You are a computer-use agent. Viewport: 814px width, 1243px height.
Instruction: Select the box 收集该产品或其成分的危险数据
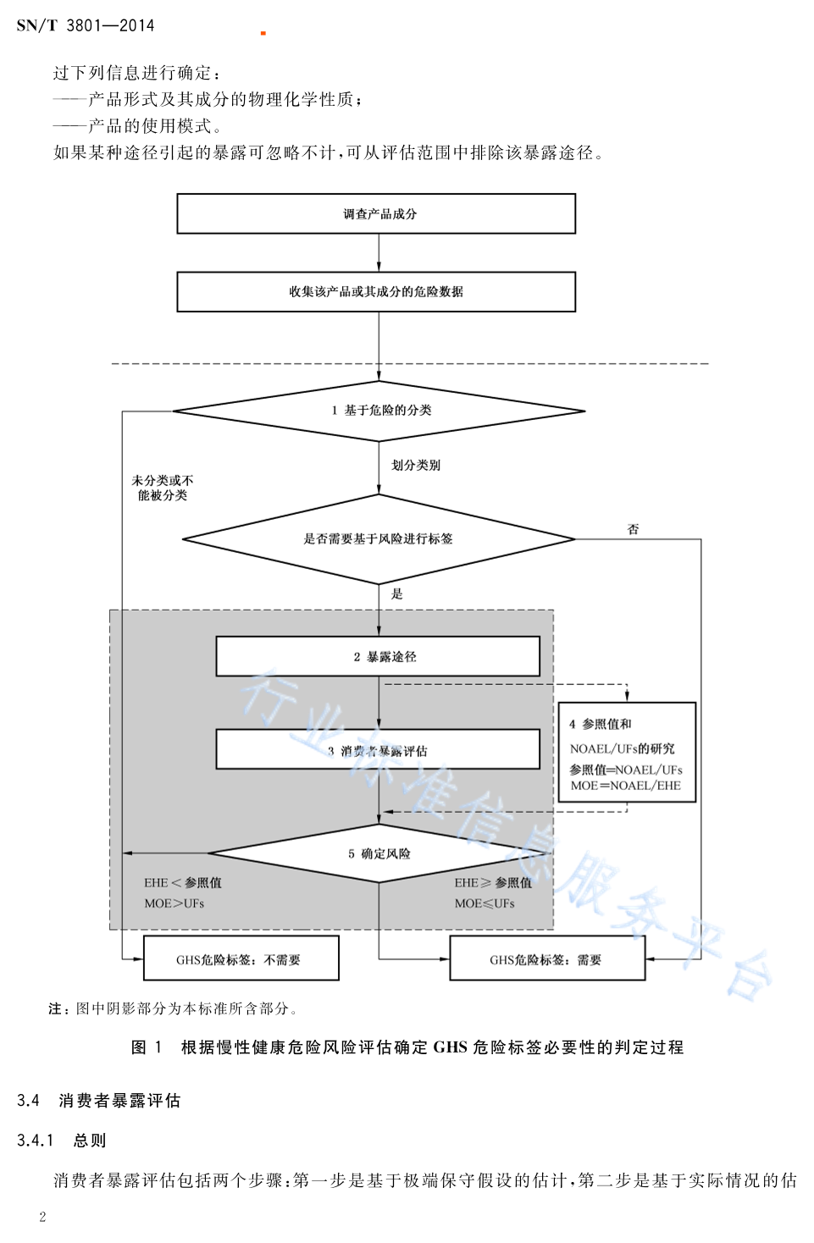(376, 291)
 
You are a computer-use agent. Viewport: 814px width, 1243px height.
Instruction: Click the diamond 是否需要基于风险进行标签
(379, 539)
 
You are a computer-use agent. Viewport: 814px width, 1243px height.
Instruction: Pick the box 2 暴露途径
(378, 656)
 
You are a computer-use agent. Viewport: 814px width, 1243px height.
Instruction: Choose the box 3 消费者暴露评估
(378, 750)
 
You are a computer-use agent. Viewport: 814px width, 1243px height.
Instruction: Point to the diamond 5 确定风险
(379, 854)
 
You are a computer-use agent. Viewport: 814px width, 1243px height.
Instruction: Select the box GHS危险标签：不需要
(241, 958)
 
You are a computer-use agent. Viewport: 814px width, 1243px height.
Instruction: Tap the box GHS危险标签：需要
(547, 958)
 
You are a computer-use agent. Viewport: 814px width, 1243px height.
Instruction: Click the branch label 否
(633, 529)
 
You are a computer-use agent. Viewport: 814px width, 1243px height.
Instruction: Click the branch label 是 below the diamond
(396, 594)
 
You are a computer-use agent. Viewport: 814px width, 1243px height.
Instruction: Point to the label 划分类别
(415, 465)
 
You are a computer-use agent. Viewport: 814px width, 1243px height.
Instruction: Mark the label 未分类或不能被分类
(163, 488)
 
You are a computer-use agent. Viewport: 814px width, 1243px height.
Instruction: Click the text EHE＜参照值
(183, 882)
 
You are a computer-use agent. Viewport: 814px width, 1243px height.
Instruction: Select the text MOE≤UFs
(485, 903)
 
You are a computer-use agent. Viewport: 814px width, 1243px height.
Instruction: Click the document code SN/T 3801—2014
(85, 25)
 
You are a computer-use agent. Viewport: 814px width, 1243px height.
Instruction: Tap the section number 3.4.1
(36, 1141)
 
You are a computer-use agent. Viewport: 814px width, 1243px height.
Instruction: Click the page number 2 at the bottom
(42, 1217)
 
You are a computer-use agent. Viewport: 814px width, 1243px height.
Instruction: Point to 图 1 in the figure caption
(147, 1047)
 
